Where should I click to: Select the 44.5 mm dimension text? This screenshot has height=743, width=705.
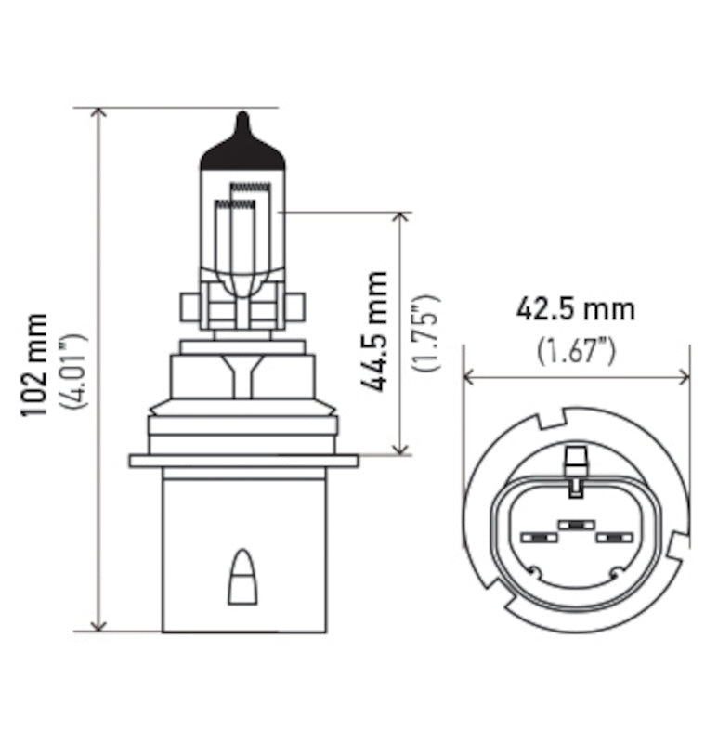pos(377,331)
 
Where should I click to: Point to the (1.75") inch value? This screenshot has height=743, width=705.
pos(427,332)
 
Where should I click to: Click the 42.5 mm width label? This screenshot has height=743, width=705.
pos(576,308)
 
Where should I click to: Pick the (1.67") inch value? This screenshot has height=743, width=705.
pos(577,350)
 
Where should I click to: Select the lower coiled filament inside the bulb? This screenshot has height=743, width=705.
pos(230,202)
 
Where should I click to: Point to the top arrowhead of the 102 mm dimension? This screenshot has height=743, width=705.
pos(100,113)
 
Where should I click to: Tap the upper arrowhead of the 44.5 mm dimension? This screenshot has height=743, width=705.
pos(400,218)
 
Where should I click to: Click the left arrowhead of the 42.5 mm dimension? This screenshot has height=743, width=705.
pos(468,376)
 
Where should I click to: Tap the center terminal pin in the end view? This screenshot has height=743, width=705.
pos(576,526)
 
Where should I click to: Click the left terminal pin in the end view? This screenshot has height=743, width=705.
pos(536,538)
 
